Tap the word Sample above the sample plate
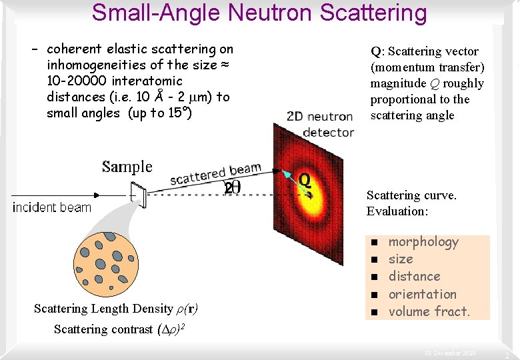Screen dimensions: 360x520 pyautogui.click(x=127, y=167)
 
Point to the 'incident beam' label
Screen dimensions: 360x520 pyautogui.click(x=52, y=207)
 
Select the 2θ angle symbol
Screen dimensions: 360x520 pyautogui.click(x=233, y=189)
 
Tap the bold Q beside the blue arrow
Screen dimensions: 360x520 pyautogui.click(x=305, y=179)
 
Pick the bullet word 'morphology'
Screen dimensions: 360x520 pyautogui.click(x=423, y=242)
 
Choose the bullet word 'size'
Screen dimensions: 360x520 pyautogui.click(x=401, y=259)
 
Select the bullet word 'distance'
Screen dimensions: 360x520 pyautogui.click(x=414, y=277)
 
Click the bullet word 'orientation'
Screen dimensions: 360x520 pyautogui.click(x=422, y=294)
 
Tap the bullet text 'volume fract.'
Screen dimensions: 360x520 pyautogui.click(x=429, y=311)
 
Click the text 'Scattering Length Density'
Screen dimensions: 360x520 pyautogui.click(x=103, y=309)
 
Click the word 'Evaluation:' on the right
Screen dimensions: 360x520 pyautogui.click(x=397, y=211)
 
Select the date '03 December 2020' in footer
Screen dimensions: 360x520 pyautogui.click(x=451, y=353)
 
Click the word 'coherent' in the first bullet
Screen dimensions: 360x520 pyautogui.click(x=74, y=49)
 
